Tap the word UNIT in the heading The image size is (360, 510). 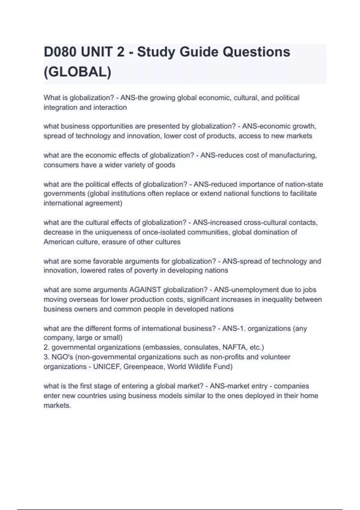(96, 52)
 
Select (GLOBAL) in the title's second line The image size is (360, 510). (77, 72)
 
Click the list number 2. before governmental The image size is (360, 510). (46, 347)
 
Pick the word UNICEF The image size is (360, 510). (106, 367)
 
